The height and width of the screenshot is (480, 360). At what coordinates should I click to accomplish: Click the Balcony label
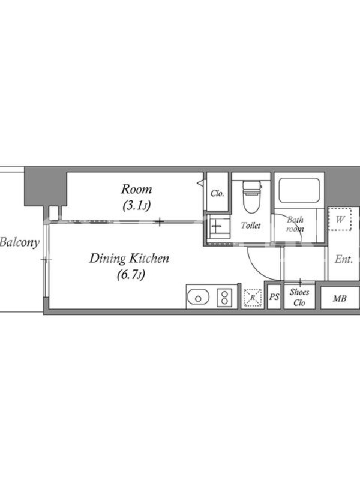click(20, 242)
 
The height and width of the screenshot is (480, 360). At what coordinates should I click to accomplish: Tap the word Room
click(137, 189)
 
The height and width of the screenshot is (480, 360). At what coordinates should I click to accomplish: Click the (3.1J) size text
click(137, 206)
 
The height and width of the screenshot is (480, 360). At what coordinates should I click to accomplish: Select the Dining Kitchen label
click(129, 259)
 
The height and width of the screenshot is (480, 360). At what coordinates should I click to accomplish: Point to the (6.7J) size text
click(131, 275)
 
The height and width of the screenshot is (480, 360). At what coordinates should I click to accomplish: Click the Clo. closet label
click(217, 193)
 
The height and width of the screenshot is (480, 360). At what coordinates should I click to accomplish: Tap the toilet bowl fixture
click(251, 196)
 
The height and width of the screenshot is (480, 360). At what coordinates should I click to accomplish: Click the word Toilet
click(251, 226)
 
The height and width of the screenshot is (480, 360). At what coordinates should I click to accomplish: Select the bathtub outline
click(299, 190)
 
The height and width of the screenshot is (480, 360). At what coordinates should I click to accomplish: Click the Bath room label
click(295, 224)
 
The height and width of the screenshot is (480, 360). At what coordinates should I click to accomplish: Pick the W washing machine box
click(340, 219)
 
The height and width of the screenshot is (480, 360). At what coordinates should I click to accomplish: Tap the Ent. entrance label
click(343, 260)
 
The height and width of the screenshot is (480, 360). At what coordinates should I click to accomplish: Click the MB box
click(340, 298)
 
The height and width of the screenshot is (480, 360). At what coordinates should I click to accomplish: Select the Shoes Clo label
click(299, 297)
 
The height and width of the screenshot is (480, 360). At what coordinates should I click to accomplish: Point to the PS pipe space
click(274, 296)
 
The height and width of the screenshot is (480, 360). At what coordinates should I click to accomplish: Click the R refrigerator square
click(253, 298)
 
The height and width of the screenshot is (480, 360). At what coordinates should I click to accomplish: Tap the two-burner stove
click(224, 298)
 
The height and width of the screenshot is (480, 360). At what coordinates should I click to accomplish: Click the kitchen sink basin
click(198, 297)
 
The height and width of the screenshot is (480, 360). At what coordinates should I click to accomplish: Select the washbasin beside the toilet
click(218, 227)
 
